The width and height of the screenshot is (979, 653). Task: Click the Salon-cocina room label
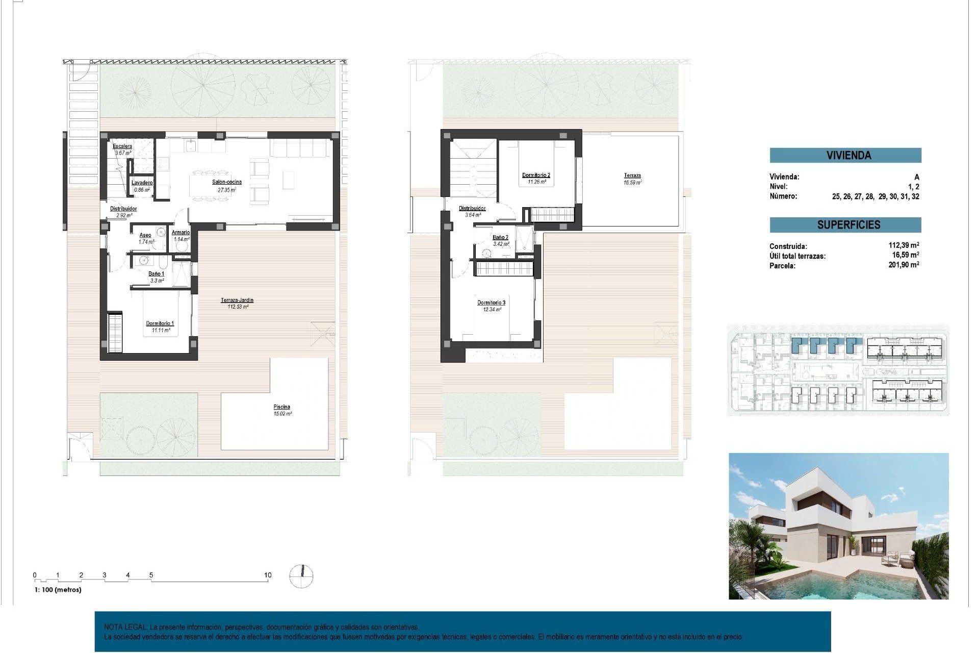(227, 182)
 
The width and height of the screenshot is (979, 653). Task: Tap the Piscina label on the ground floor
(281, 407)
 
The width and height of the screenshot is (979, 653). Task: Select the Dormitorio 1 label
(160, 323)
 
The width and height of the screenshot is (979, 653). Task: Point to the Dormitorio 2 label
(536, 175)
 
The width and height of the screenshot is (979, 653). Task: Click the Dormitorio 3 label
(491, 303)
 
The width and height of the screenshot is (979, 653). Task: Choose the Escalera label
(122, 146)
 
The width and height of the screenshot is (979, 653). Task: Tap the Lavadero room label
(142, 183)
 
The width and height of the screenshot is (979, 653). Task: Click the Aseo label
(145, 235)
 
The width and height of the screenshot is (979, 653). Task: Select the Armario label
(181, 233)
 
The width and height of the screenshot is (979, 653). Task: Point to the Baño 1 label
(157, 274)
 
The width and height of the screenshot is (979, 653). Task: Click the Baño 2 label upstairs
(500, 238)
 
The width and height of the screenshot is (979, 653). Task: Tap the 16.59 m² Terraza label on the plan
(632, 179)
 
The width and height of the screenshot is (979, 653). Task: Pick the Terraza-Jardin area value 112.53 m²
(238, 307)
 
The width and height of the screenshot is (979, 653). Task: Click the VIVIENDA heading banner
(845, 156)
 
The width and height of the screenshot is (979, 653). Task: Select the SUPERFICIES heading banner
(845, 225)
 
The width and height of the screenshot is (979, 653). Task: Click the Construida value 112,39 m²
(904, 245)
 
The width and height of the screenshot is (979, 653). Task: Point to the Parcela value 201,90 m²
(904, 265)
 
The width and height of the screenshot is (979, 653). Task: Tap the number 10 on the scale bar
(268, 575)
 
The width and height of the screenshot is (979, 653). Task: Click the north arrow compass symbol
(301, 576)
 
